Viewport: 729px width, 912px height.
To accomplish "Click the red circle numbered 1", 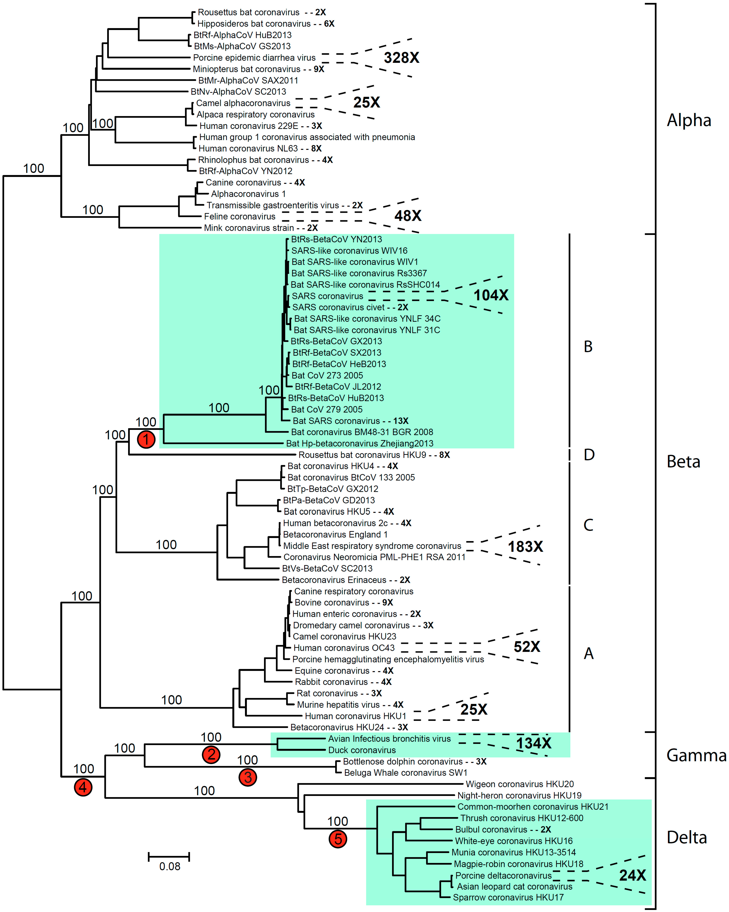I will click(146, 439).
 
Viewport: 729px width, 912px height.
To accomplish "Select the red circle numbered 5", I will click(338, 839).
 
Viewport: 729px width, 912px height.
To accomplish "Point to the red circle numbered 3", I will click(248, 777).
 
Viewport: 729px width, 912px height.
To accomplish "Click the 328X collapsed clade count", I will click(401, 58).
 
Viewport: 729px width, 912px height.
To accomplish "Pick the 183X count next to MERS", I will click(525, 547).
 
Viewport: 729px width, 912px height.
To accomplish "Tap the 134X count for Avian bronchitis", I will click(534, 743).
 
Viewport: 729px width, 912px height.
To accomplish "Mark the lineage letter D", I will click(589, 455).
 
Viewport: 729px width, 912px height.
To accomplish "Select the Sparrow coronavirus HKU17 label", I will click(508, 898).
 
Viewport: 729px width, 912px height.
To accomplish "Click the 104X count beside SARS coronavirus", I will click(491, 295).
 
